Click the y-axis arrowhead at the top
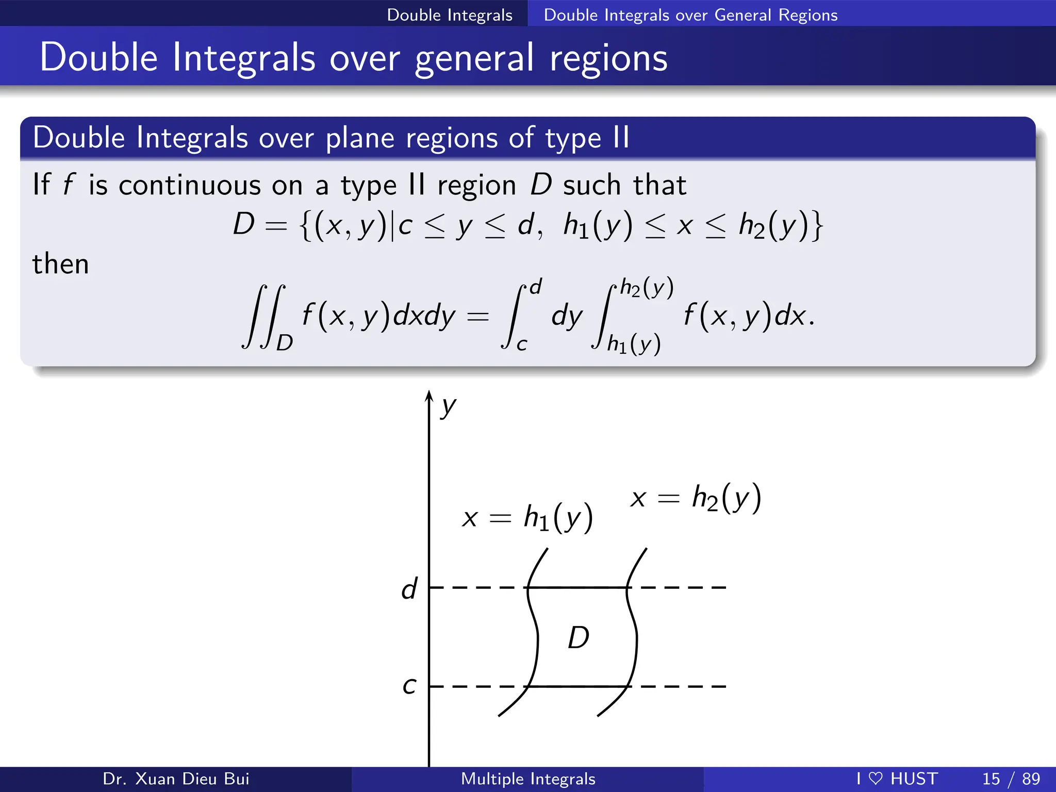click(428, 395)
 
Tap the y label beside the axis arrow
click(449, 408)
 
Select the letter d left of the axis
click(409, 588)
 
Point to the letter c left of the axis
click(409, 686)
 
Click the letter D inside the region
click(579, 638)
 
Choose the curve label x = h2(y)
click(696, 498)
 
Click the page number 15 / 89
click(1011, 779)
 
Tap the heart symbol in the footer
click(876, 779)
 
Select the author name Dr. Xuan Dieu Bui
click(176, 779)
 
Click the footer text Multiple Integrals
click(528, 779)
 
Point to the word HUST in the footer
click(914, 779)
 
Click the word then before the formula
click(60, 264)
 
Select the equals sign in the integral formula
click(477, 316)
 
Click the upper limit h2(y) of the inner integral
click(647, 288)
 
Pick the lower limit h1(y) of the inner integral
click(634, 343)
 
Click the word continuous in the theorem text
click(190, 185)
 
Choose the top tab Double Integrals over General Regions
click(690, 14)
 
